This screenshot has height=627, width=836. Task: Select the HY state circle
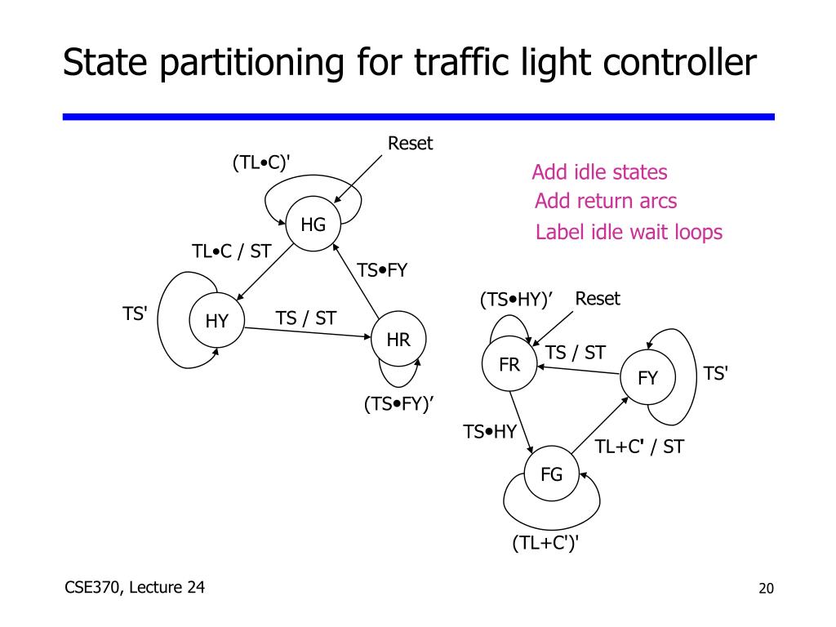[x=216, y=321]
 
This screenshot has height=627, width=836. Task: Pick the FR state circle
[x=509, y=365]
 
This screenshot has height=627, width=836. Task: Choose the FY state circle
[x=647, y=378]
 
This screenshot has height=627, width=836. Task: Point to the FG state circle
[x=551, y=474]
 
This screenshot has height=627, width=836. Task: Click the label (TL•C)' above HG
[x=261, y=163]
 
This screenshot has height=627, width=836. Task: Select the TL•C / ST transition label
[x=231, y=251]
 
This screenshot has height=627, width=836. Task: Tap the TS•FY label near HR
[x=382, y=270]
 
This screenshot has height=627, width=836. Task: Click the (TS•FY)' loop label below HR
[x=398, y=405]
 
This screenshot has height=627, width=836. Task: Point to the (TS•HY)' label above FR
[x=516, y=300]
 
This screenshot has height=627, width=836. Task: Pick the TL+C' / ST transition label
[x=639, y=447]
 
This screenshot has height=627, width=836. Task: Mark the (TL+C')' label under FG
[x=545, y=543]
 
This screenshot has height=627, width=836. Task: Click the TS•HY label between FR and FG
[x=490, y=432]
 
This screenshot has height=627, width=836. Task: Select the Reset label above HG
[x=410, y=144]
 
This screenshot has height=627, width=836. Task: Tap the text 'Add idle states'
[x=599, y=172]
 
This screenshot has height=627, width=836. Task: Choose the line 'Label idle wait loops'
[x=629, y=233]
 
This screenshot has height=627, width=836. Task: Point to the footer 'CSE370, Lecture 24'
[x=135, y=587]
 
